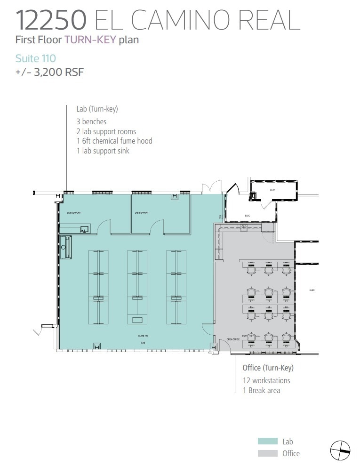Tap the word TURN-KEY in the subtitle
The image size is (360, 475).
pyautogui.click(x=90, y=40)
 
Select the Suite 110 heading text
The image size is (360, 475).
pyautogui.click(x=35, y=58)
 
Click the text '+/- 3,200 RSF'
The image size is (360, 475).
pyautogui.click(x=49, y=72)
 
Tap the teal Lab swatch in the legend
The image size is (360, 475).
pyautogui.click(x=268, y=442)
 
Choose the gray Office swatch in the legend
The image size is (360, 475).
pyautogui.click(x=268, y=453)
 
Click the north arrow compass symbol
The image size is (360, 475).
pyautogui.click(x=340, y=451)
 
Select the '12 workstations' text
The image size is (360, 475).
pyautogui.click(x=266, y=380)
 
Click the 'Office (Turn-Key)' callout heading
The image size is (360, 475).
pyautogui.click(x=268, y=368)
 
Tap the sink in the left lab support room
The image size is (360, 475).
pyautogui.click(x=84, y=229)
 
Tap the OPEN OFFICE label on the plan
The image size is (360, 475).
pyautogui.click(x=233, y=339)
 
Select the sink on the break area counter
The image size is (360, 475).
pyautogui.click(x=244, y=229)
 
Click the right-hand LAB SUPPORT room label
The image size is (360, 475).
pyautogui.click(x=142, y=213)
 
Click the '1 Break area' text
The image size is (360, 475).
pyautogui.click(x=261, y=390)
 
